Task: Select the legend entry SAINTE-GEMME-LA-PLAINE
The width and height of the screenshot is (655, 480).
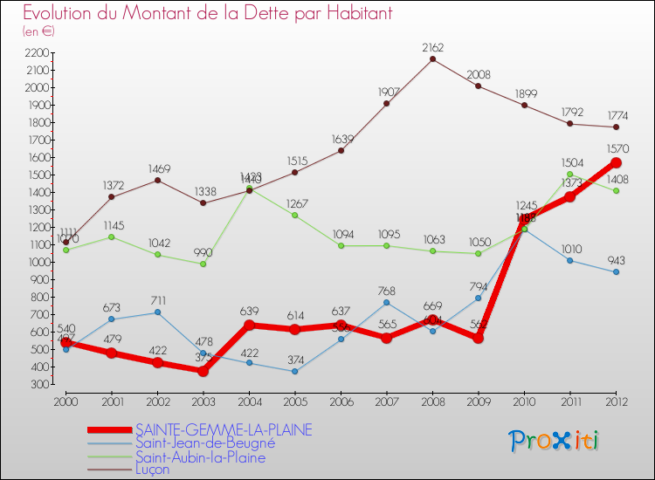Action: (223, 430)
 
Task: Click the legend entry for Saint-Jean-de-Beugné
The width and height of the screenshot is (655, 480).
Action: (205, 443)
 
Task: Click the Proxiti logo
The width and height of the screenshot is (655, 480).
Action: (555, 441)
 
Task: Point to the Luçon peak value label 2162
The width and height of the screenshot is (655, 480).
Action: (432, 47)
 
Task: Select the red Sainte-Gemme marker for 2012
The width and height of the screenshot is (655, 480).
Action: (616, 162)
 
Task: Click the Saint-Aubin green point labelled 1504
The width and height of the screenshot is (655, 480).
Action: (569, 174)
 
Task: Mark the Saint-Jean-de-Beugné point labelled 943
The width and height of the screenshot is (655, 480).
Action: (616, 271)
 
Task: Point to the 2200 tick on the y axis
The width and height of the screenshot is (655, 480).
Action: (37, 52)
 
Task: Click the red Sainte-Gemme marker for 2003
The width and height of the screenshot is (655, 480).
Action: (203, 371)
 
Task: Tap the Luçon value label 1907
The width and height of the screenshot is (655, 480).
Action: (386, 91)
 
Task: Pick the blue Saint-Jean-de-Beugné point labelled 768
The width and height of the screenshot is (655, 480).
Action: (386, 302)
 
